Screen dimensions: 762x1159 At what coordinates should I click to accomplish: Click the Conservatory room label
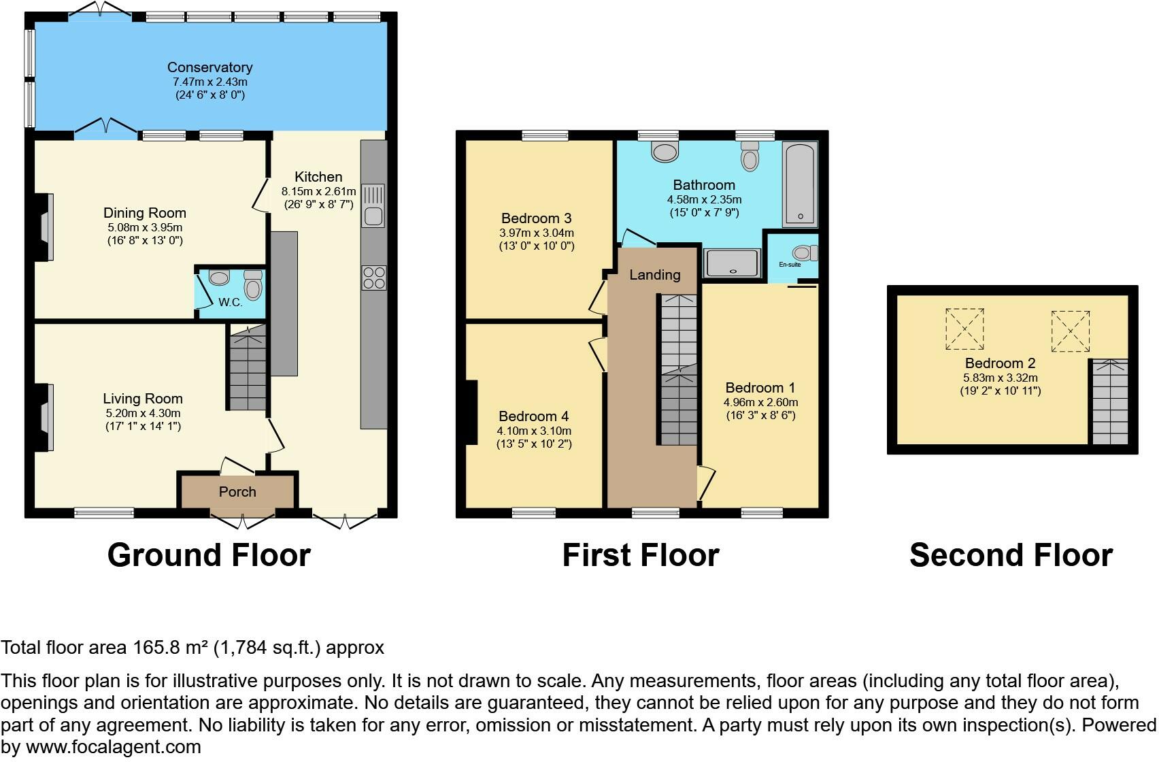(x=209, y=67)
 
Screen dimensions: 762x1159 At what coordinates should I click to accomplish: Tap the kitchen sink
(x=373, y=205)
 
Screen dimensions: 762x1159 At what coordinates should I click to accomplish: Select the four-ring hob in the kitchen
(x=374, y=278)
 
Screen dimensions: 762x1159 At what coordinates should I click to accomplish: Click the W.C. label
(x=231, y=302)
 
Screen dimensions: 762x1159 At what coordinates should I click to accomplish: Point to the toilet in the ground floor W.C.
(x=253, y=286)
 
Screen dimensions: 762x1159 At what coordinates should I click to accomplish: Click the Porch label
(x=237, y=491)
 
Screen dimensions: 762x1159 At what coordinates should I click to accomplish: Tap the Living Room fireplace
(x=46, y=417)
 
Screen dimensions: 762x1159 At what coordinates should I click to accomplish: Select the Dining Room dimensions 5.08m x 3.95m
(x=145, y=227)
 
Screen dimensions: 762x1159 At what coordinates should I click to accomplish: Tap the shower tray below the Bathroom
(x=732, y=263)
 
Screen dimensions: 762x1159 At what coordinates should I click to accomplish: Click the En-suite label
(x=789, y=264)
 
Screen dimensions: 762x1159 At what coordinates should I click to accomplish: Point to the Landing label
(x=654, y=275)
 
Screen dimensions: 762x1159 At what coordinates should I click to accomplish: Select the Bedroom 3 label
(x=536, y=218)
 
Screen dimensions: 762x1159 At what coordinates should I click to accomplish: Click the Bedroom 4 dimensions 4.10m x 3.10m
(x=534, y=431)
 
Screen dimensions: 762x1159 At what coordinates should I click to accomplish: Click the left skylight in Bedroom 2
(x=964, y=329)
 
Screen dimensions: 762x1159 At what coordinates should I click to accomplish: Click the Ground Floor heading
(x=209, y=555)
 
